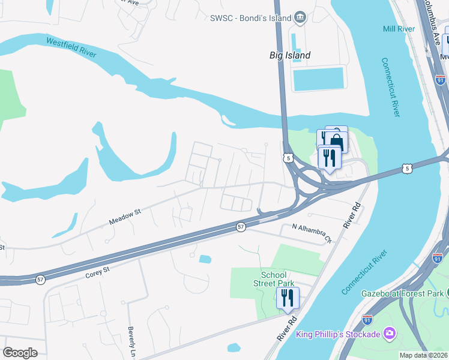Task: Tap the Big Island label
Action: click(x=289, y=56)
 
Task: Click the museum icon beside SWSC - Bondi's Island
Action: click(x=301, y=17)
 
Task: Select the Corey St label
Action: click(x=97, y=271)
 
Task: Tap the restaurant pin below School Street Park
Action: click(x=288, y=298)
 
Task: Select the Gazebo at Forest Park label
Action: click(x=402, y=293)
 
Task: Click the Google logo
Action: click(x=20, y=352)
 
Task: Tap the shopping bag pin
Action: click(x=337, y=142)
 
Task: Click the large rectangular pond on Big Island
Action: click(x=318, y=79)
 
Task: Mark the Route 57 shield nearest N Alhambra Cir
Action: click(x=240, y=227)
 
